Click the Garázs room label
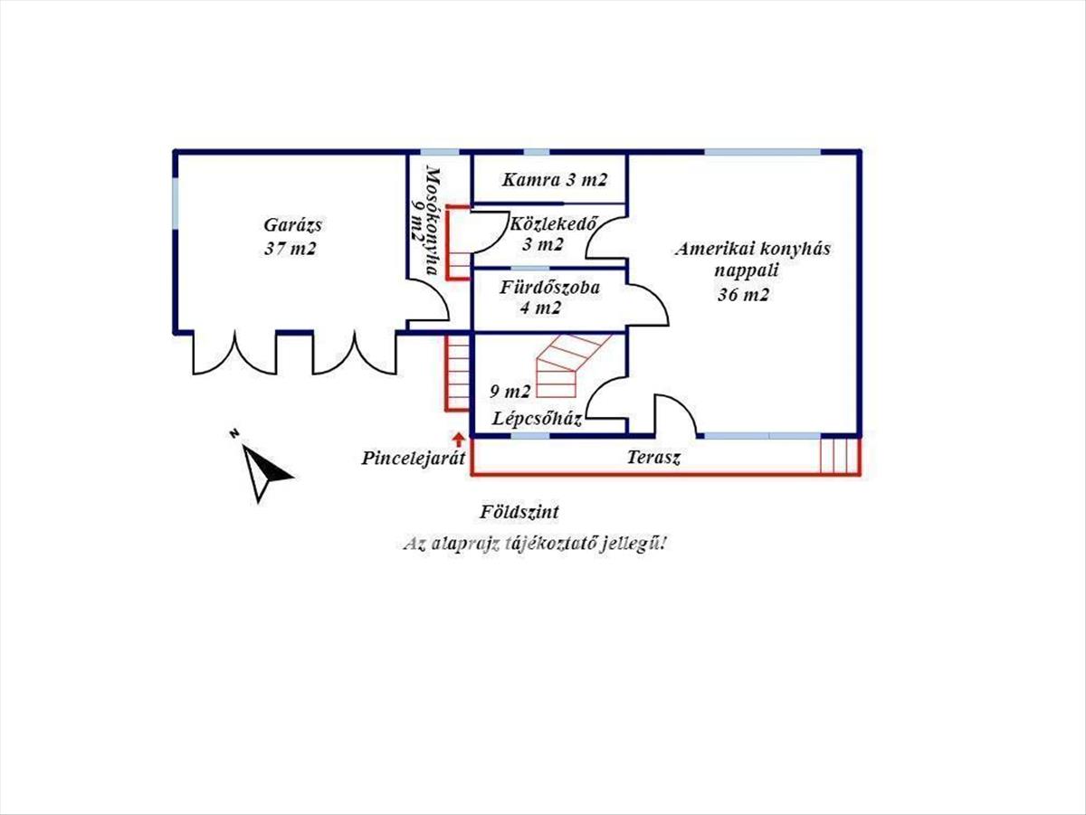pos(293,225)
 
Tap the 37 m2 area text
pos(291,249)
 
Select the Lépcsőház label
pos(537,420)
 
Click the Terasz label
pos(653,458)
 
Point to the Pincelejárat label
pos(413,458)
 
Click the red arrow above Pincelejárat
pos(459,440)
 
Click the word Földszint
pos(519,513)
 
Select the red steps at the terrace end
pos(838,455)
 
